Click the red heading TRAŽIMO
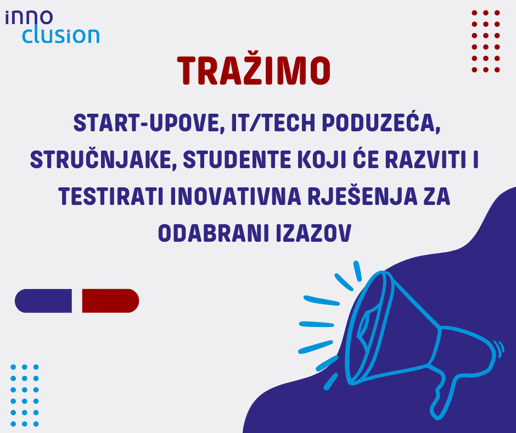254,70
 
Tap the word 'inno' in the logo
29,18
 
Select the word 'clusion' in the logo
61,36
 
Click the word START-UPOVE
147,123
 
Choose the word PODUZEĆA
382,122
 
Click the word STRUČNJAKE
102,159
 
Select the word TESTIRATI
111,196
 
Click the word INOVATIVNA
236,196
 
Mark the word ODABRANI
213,234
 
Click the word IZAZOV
313,234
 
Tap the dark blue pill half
43,301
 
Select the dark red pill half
110,301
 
